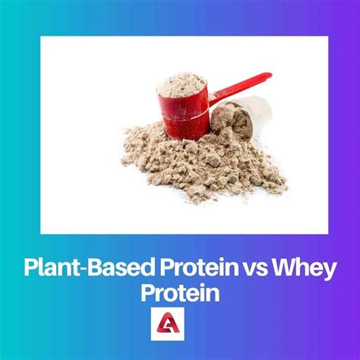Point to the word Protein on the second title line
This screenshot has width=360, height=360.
pos(180,293)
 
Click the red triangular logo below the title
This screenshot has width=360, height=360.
pos(167,324)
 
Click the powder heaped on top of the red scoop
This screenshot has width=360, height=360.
pos(181,85)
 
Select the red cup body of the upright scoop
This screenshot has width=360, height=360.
pos(184,115)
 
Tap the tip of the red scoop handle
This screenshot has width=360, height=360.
pos(270,75)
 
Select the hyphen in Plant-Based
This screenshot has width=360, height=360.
pos(81,270)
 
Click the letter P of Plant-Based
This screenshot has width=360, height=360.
pos(31,268)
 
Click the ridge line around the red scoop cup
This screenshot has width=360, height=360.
pos(185,117)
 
